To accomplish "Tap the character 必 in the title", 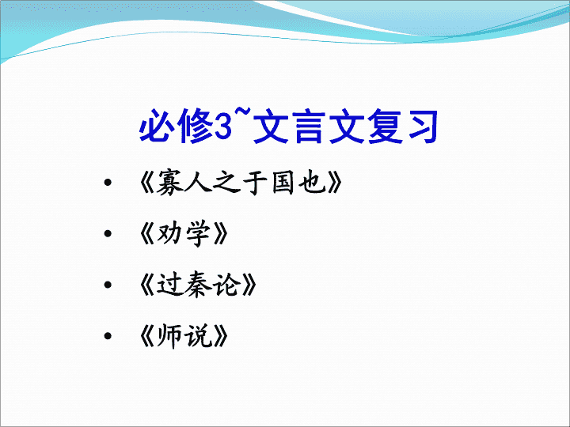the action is coord(157,126).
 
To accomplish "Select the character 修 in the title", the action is coord(196,126).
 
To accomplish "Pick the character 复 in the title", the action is coord(385,126).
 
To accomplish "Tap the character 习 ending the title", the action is coord(423,126).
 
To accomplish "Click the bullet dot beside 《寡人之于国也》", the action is coord(108,183).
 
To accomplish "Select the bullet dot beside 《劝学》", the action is coord(108,233).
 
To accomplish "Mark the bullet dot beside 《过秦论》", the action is coord(108,285).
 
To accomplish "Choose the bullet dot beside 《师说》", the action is coord(108,336).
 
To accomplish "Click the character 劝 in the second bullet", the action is coord(169,233).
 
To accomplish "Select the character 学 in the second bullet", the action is coord(198,233).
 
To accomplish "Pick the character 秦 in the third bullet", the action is coord(198,285).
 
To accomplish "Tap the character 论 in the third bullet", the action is coord(227,285).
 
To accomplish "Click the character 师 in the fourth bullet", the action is coord(169,336).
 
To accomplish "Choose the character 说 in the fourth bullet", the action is coord(198,336).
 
